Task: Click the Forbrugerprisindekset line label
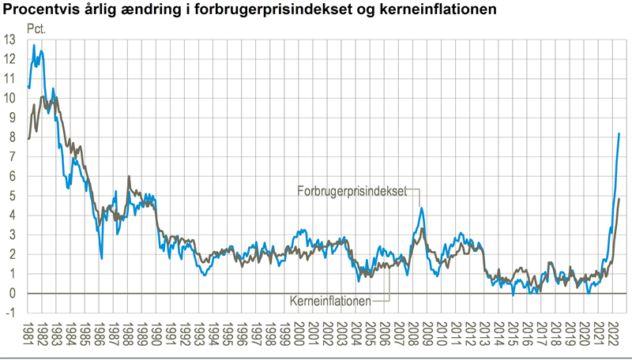click(x=352, y=190)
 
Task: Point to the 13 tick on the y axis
click(x=9, y=39)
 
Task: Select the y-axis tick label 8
click(x=12, y=137)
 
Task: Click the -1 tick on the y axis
click(x=10, y=313)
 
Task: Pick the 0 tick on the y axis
click(x=12, y=294)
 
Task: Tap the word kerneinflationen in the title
click(x=431, y=9)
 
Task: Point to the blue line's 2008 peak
click(x=421, y=208)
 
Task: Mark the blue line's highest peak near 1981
click(x=34, y=45)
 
